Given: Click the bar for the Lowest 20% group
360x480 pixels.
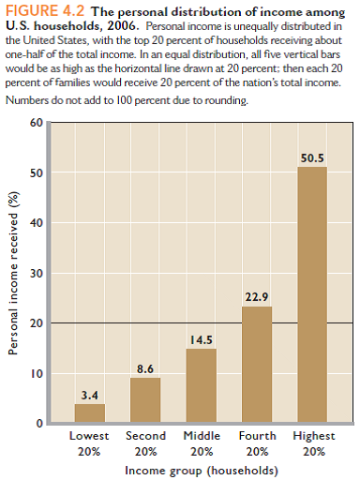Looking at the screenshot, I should pos(90,413).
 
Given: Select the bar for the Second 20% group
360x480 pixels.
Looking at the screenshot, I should pos(145,400).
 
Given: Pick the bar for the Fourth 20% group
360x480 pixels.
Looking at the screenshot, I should pos(257,365).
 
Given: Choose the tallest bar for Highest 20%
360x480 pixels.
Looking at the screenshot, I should pos(312,294).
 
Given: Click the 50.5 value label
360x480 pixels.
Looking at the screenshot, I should pos(312,158).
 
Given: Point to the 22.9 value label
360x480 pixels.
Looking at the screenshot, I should pos(257,297).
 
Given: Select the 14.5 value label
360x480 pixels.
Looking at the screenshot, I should pos(201,339).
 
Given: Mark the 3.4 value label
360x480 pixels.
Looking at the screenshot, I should pos(90,395).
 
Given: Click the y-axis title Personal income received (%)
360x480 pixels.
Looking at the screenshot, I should pos(14,274).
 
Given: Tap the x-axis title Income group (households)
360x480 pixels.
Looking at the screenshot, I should pos(201,468).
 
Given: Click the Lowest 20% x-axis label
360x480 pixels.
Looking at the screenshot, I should pos(90,442).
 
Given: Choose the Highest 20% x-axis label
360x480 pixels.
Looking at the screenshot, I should pos(312,442).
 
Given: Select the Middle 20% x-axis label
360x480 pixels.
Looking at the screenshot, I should pos(201,442).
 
